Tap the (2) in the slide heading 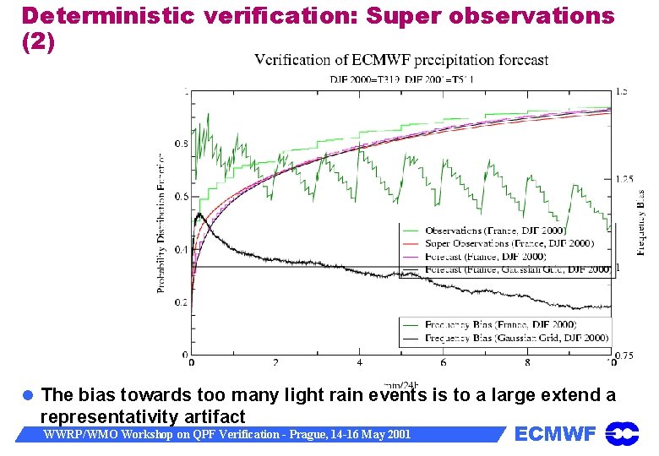click(38, 42)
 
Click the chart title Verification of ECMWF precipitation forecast click(401, 60)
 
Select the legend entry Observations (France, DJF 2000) click(495, 231)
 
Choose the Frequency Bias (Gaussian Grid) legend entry click(516, 337)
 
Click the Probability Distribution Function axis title click(161, 223)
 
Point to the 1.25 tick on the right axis click(626, 179)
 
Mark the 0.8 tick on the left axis click(181, 144)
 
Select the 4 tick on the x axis click(360, 363)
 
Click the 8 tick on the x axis click(528, 363)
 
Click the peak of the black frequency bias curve click(199, 214)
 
